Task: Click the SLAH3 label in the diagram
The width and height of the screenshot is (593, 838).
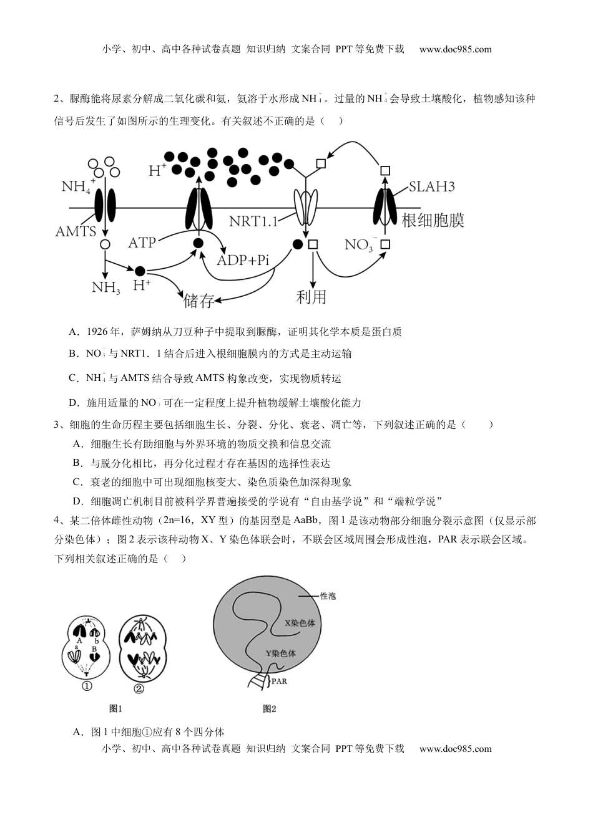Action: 432,186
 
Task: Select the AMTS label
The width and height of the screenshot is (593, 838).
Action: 76,232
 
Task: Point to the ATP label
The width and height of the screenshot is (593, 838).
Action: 142,242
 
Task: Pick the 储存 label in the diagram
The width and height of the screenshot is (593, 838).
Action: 199,302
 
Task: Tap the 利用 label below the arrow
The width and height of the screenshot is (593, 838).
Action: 311,297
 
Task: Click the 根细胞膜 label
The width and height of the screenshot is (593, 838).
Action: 433,221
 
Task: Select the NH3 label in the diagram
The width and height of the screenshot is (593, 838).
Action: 105,287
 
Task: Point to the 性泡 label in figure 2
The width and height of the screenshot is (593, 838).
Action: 328,596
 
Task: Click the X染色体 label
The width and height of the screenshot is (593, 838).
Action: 300,623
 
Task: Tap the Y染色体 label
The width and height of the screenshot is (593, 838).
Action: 280,653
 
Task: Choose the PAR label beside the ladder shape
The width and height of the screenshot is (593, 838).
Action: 279,681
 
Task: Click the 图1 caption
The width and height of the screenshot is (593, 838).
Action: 115,708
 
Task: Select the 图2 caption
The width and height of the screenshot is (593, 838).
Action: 269,708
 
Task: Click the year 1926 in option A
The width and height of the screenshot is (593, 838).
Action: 97,332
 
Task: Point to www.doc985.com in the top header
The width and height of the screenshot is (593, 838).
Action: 455,49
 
